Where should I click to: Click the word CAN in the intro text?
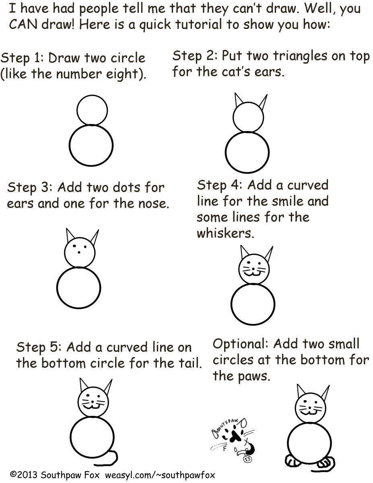[x=23, y=24]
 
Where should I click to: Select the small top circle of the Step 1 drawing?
[x=92, y=110]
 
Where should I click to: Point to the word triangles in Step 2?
[x=300, y=56]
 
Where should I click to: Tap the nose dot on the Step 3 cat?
[x=79, y=252]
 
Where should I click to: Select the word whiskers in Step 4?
[x=225, y=233]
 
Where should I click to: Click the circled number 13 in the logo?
[x=247, y=459]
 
